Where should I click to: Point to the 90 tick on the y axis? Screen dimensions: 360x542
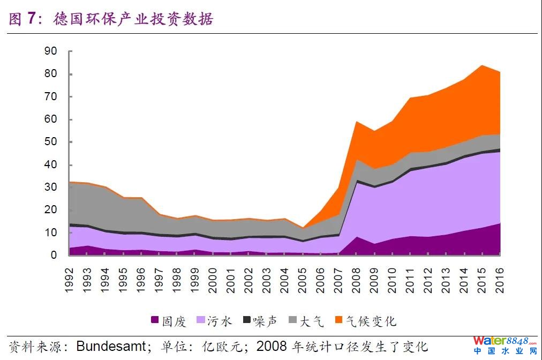tap(50, 51)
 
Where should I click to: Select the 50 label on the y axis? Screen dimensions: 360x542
tap(50, 142)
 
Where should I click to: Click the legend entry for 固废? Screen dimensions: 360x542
tap(169, 321)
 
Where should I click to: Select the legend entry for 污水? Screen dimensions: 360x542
tap(214, 321)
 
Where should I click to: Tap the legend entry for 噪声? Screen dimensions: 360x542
tap(260, 321)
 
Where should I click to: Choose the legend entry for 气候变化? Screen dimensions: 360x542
tap(365, 321)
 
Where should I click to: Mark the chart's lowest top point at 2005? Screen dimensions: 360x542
tap(303, 228)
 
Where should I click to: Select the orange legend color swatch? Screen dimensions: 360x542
tap(338, 320)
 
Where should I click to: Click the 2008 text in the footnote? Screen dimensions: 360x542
tap(273, 346)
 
